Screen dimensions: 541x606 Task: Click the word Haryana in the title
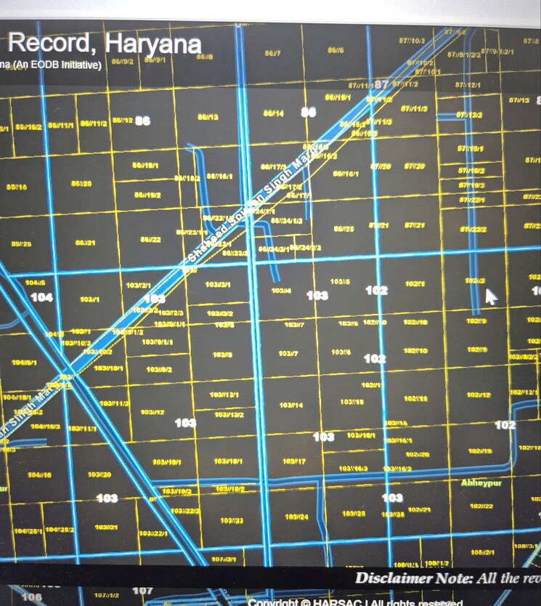(x=153, y=44)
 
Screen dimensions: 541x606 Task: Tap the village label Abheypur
(x=481, y=483)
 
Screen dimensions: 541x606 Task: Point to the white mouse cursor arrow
(x=491, y=296)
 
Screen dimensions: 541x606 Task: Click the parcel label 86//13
(x=208, y=117)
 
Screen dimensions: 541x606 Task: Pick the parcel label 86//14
(x=273, y=114)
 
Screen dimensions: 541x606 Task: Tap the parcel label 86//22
(x=150, y=239)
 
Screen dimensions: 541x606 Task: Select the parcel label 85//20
(x=81, y=184)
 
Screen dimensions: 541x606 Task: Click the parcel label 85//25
(x=21, y=243)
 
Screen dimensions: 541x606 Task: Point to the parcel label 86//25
(x=343, y=229)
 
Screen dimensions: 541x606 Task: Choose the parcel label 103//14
(x=291, y=405)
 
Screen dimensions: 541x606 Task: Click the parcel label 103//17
(x=293, y=461)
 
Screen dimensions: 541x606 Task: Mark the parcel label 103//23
(x=232, y=521)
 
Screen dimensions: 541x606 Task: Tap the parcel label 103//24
(x=296, y=517)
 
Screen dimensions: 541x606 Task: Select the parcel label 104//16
(x=39, y=474)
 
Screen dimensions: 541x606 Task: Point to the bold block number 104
(x=41, y=297)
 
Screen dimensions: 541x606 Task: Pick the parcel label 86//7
(x=272, y=54)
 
